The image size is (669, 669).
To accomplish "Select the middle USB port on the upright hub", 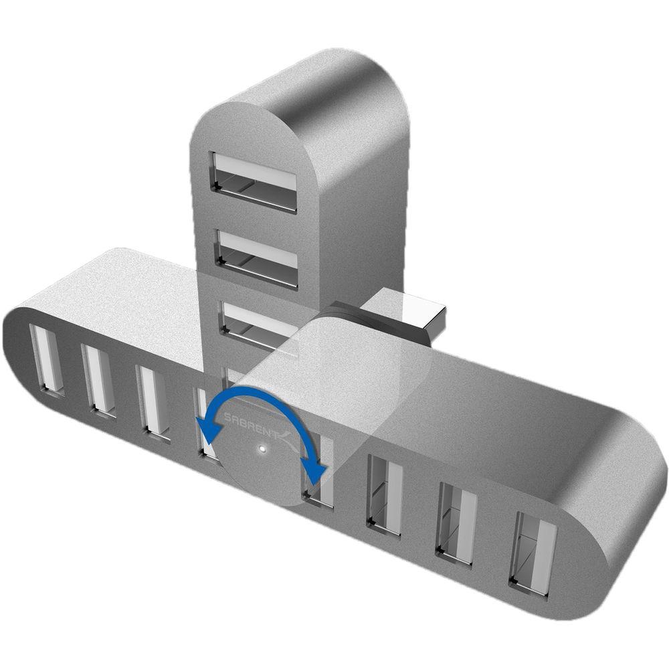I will pyautogui.click(x=256, y=258).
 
